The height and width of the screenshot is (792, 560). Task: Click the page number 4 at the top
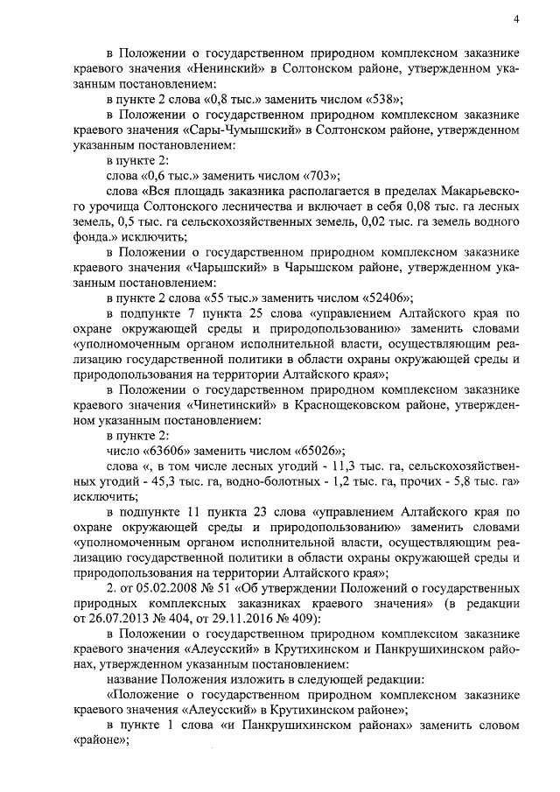(516, 19)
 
